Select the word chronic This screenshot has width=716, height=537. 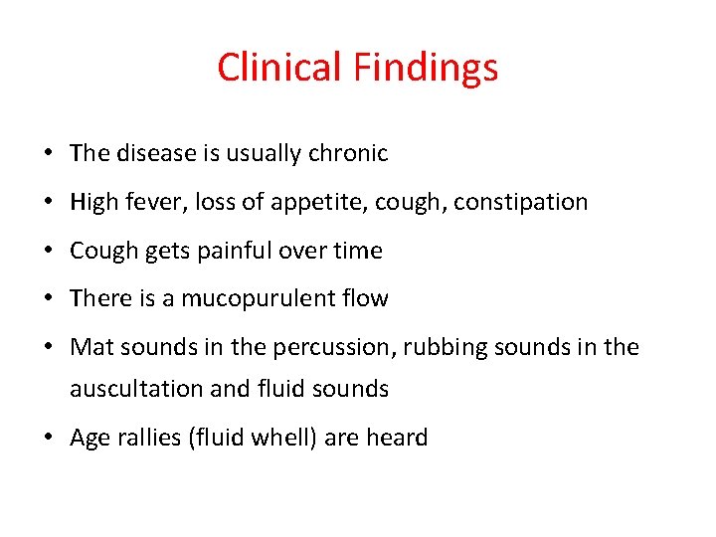(347, 154)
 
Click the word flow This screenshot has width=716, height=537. (364, 299)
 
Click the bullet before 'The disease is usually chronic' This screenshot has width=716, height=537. (48, 154)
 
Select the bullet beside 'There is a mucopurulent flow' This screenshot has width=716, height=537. (48, 299)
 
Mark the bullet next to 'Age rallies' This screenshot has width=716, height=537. (48, 438)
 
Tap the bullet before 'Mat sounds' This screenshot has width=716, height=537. (48, 348)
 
